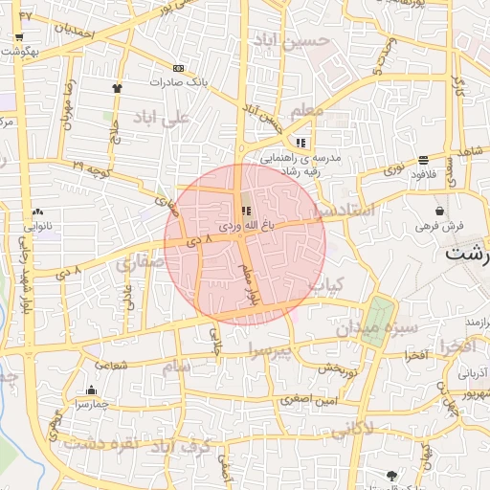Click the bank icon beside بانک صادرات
[x=178, y=68]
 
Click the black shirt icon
[x=117, y=86]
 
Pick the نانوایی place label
[x=37, y=226]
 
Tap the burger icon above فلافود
[x=423, y=160]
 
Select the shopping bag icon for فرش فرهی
[x=439, y=211]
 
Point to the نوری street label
[x=393, y=170]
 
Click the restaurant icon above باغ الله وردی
[x=246, y=211]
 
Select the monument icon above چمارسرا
[x=91, y=390]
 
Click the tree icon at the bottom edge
[x=391, y=476]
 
